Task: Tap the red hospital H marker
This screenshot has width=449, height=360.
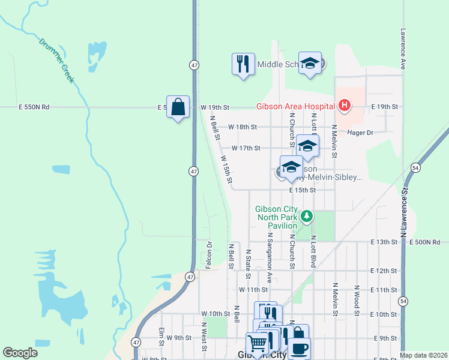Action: (x=344, y=106)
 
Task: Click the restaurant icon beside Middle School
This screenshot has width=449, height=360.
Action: (x=243, y=64)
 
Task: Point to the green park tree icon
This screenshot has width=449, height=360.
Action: (x=307, y=215)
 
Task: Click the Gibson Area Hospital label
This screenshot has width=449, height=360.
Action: (x=295, y=106)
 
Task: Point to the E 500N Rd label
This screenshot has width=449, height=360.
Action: (x=428, y=242)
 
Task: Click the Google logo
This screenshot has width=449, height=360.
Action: (x=20, y=353)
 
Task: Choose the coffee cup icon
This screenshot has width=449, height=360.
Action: (x=298, y=347)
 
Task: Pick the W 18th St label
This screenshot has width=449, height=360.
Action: (x=243, y=127)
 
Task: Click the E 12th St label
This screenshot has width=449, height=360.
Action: (x=384, y=271)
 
